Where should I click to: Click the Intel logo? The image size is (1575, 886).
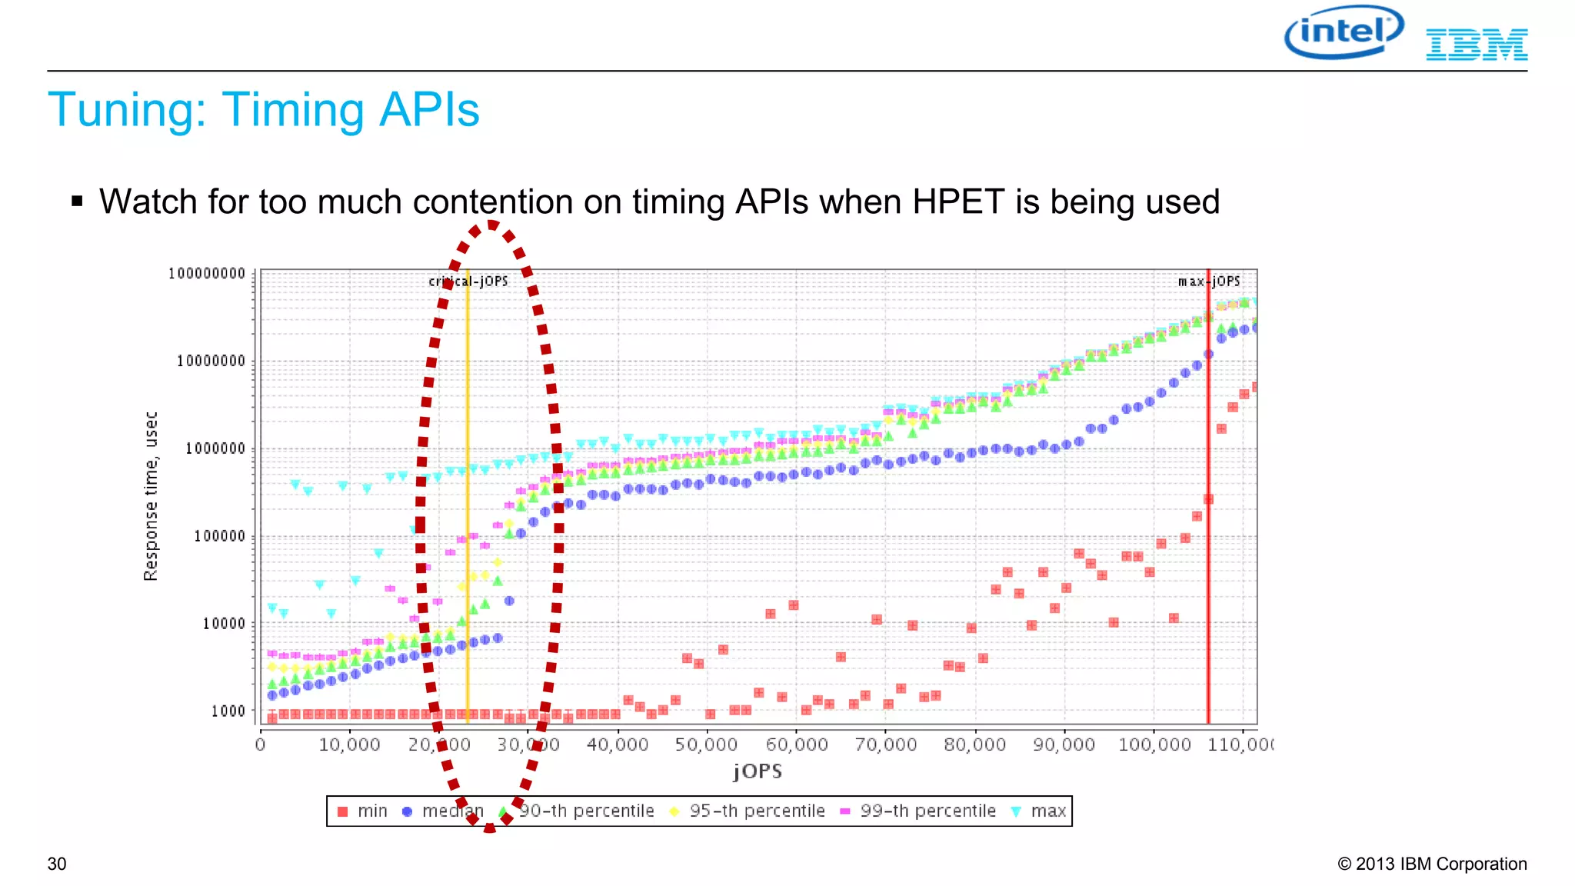(1344, 32)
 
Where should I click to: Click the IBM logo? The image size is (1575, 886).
(1476, 45)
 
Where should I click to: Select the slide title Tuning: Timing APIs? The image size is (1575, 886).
(263, 109)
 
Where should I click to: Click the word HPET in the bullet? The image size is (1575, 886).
(958, 202)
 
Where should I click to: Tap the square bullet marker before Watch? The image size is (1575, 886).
(77, 202)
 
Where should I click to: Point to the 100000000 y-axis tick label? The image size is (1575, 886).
(207, 274)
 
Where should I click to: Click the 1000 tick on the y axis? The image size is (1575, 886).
(228, 711)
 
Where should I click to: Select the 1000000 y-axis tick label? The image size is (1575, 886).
(215, 448)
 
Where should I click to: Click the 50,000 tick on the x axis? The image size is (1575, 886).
(706, 744)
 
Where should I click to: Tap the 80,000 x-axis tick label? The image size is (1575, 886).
(974, 744)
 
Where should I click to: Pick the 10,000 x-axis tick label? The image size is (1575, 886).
(349, 744)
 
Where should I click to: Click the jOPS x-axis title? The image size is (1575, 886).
(758, 771)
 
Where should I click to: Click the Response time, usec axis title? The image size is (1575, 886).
(151, 496)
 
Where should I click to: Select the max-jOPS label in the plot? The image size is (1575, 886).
(1209, 281)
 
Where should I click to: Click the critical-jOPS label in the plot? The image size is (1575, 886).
(468, 281)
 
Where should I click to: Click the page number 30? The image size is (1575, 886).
(57, 864)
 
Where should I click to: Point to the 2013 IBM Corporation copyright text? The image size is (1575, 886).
(1432, 864)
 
